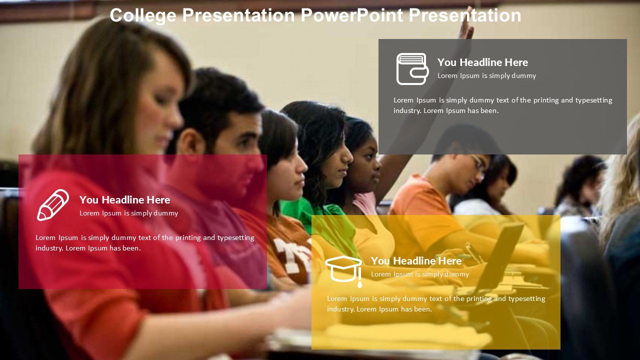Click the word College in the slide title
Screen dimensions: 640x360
click(143, 15)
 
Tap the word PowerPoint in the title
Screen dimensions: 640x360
click(351, 15)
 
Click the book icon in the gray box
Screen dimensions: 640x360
click(412, 69)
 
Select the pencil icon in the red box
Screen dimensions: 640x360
click(53, 205)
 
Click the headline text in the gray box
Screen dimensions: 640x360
click(482, 62)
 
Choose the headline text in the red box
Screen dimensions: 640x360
click(124, 199)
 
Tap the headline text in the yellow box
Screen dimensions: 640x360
click(416, 261)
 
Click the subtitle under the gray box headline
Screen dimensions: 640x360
click(486, 75)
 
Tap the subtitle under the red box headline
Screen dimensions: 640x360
click(128, 213)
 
